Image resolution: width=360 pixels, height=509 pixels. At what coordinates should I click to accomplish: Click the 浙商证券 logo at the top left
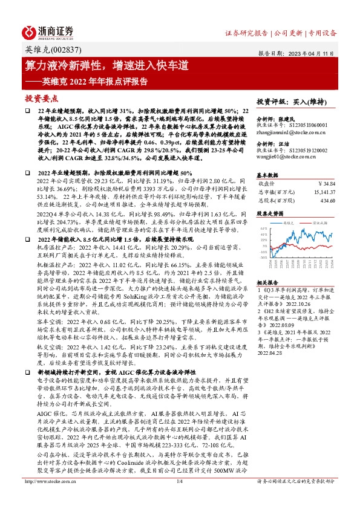[x=48, y=32]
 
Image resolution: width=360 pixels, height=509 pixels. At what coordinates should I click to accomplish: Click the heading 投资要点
[x=41, y=97]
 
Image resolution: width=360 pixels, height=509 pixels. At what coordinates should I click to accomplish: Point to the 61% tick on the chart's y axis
[x=263, y=229]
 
